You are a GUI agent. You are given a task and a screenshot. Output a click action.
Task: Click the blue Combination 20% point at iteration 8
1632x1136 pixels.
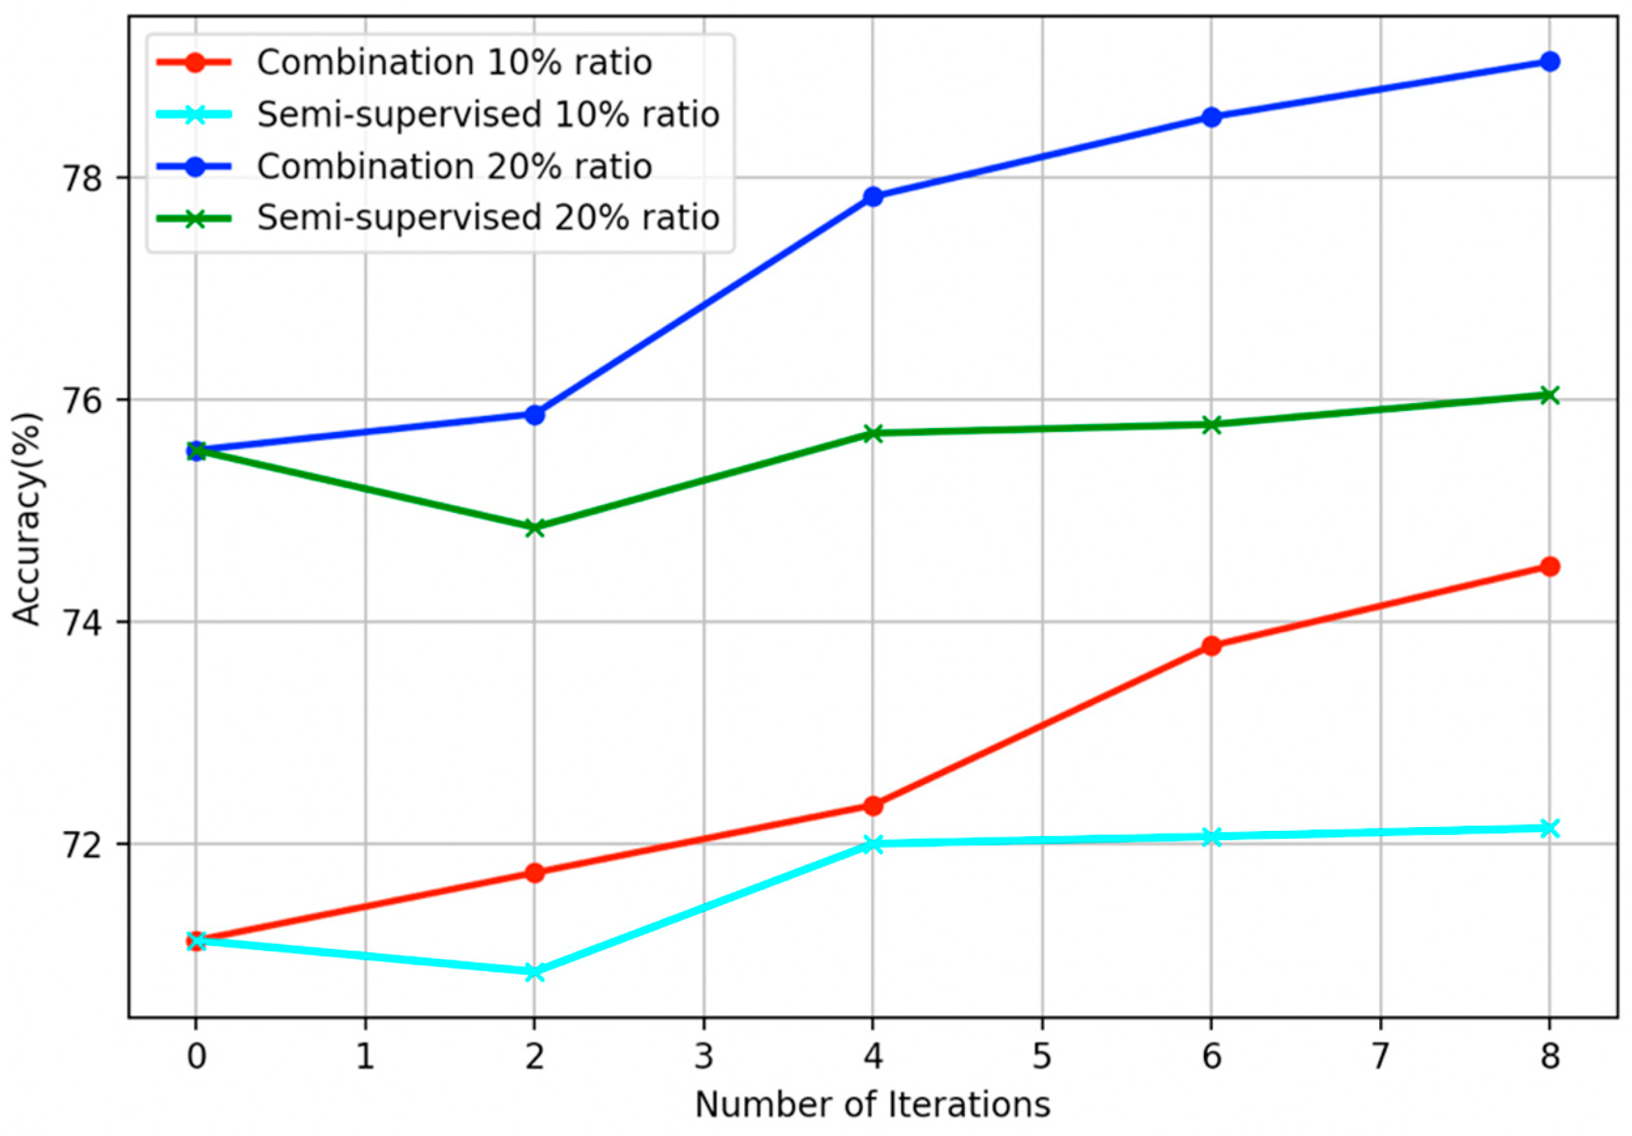pyautogui.click(x=1550, y=62)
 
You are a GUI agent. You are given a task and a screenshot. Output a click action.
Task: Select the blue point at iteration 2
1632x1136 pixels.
pyautogui.click(x=534, y=414)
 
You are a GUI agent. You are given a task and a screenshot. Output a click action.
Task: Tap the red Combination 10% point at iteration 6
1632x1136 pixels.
pyautogui.click(x=1212, y=645)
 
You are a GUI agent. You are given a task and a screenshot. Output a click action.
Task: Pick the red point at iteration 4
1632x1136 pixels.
pyautogui.click(x=873, y=805)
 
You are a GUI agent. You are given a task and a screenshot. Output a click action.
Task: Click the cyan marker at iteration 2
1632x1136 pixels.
pyautogui.click(x=534, y=972)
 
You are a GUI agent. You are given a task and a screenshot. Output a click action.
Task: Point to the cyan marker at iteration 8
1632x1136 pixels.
pyautogui.click(x=1550, y=828)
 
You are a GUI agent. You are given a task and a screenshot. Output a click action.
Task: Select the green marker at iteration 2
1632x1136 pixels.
pyautogui.click(x=534, y=527)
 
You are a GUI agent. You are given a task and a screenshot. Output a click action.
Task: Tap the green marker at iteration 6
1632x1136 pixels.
pyautogui.click(x=1212, y=425)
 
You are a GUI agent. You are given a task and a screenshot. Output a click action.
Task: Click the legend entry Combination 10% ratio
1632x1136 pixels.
pyautogui.click(x=454, y=63)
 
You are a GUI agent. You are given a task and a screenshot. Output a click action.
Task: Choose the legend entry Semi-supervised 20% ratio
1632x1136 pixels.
pyautogui.click(x=488, y=218)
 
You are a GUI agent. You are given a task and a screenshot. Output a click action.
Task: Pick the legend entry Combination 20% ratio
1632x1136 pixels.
pyautogui.click(x=454, y=167)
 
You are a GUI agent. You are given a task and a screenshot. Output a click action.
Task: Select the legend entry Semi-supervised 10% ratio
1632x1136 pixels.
pyautogui.click(x=488, y=114)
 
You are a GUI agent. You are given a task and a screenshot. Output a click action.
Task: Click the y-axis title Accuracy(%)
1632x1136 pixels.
pyautogui.click(x=29, y=518)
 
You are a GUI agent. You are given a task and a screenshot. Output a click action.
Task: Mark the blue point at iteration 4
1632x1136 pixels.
pyautogui.click(x=873, y=196)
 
